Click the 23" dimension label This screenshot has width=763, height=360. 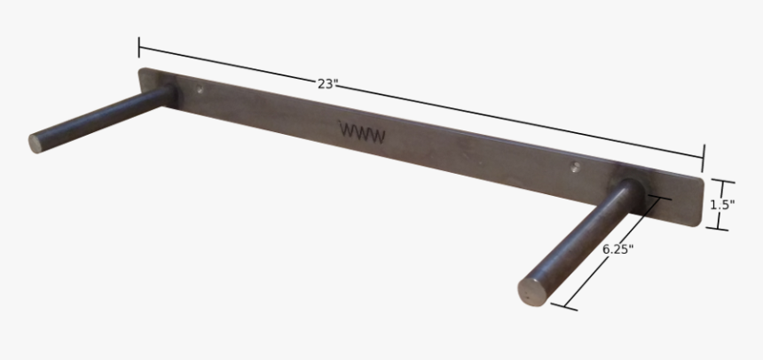tap(327, 84)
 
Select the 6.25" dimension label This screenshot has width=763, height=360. tap(617, 249)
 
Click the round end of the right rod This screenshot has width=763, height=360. tap(532, 291)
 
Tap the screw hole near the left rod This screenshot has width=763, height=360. tap(201, 90)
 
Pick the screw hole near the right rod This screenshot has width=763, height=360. tap(575, 165)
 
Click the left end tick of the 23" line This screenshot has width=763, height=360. tap(139, 47)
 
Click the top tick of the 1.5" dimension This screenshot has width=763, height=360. tap(723, 182)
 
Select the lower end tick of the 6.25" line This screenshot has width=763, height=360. tap(564, 307)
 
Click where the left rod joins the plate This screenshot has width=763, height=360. tap(168, 93)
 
